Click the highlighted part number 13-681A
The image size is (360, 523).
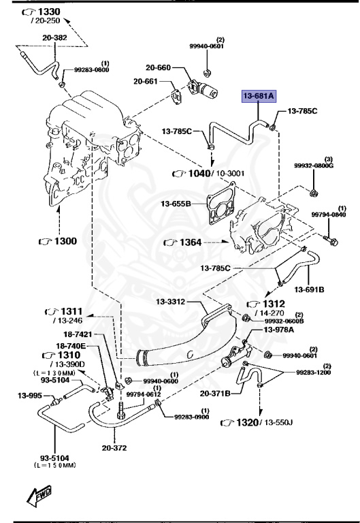click(256, 97)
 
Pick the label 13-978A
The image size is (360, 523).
click(279, 330)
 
